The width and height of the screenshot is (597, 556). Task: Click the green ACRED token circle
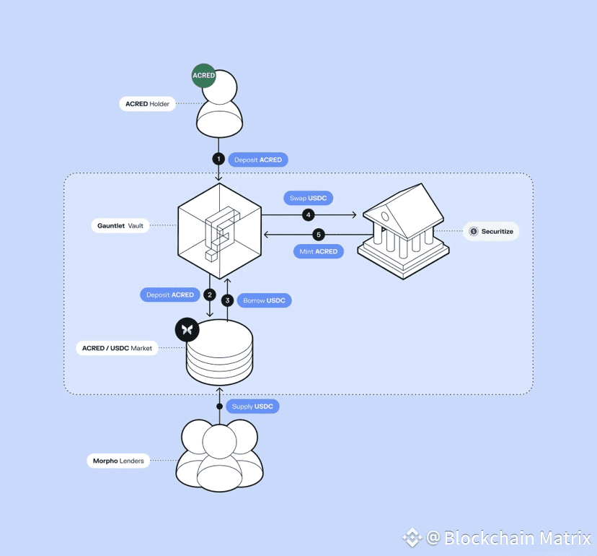tap(204, 76)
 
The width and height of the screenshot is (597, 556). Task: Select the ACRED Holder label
tap(147, 104)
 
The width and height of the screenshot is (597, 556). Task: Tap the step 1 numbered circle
tap(219, 160)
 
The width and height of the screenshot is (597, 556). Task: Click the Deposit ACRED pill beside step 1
tap(258, 160)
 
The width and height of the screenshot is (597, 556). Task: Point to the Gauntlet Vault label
tap(120, 226)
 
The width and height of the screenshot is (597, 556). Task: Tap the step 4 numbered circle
tap(308, 215)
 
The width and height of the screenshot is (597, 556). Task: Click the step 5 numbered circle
tap(319, 235)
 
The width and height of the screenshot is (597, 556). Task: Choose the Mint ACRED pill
tap(318, 251)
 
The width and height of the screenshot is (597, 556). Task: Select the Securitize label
tap(491, 232)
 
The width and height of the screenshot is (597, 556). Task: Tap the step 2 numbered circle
tap(210, 295)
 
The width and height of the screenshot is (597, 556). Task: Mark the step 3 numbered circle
tap(228, 300)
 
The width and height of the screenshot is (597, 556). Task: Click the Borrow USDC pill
tap(264, 300)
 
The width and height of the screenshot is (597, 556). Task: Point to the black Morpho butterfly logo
tap(187, 329)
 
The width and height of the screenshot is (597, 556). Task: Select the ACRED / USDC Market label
tap(117, 348)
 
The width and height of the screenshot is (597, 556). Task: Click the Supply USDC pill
tap(252, 407)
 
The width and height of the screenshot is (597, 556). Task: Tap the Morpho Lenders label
tap(118, 461)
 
